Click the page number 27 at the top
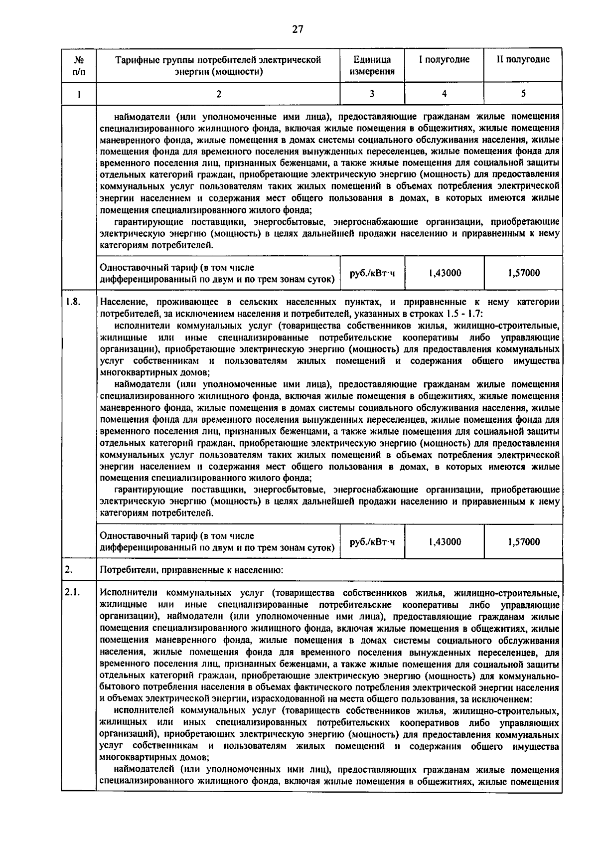[x=298, y=29]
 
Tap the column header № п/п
[x=79, y=65]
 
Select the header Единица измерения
[x=372, y=65]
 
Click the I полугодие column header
[x=444, y=60]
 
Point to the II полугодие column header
[x=523, y=60]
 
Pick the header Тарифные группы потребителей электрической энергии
[x=218, y=65]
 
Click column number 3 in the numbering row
[x=372, y=93]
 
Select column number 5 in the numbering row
[x=523, y=93]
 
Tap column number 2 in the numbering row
[x=218, y=93]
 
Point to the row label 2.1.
[x=73, y=593]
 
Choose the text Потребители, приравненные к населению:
[x=192, y=570]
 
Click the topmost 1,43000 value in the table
[x=445, y=273]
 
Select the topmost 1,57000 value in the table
[x=524, y=273]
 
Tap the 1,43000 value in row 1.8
[x=445, y=542]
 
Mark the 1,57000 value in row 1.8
[x=524, y=542]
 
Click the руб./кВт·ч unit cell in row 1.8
[x=372, y=542]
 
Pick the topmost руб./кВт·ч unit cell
[x=372, y=273]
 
